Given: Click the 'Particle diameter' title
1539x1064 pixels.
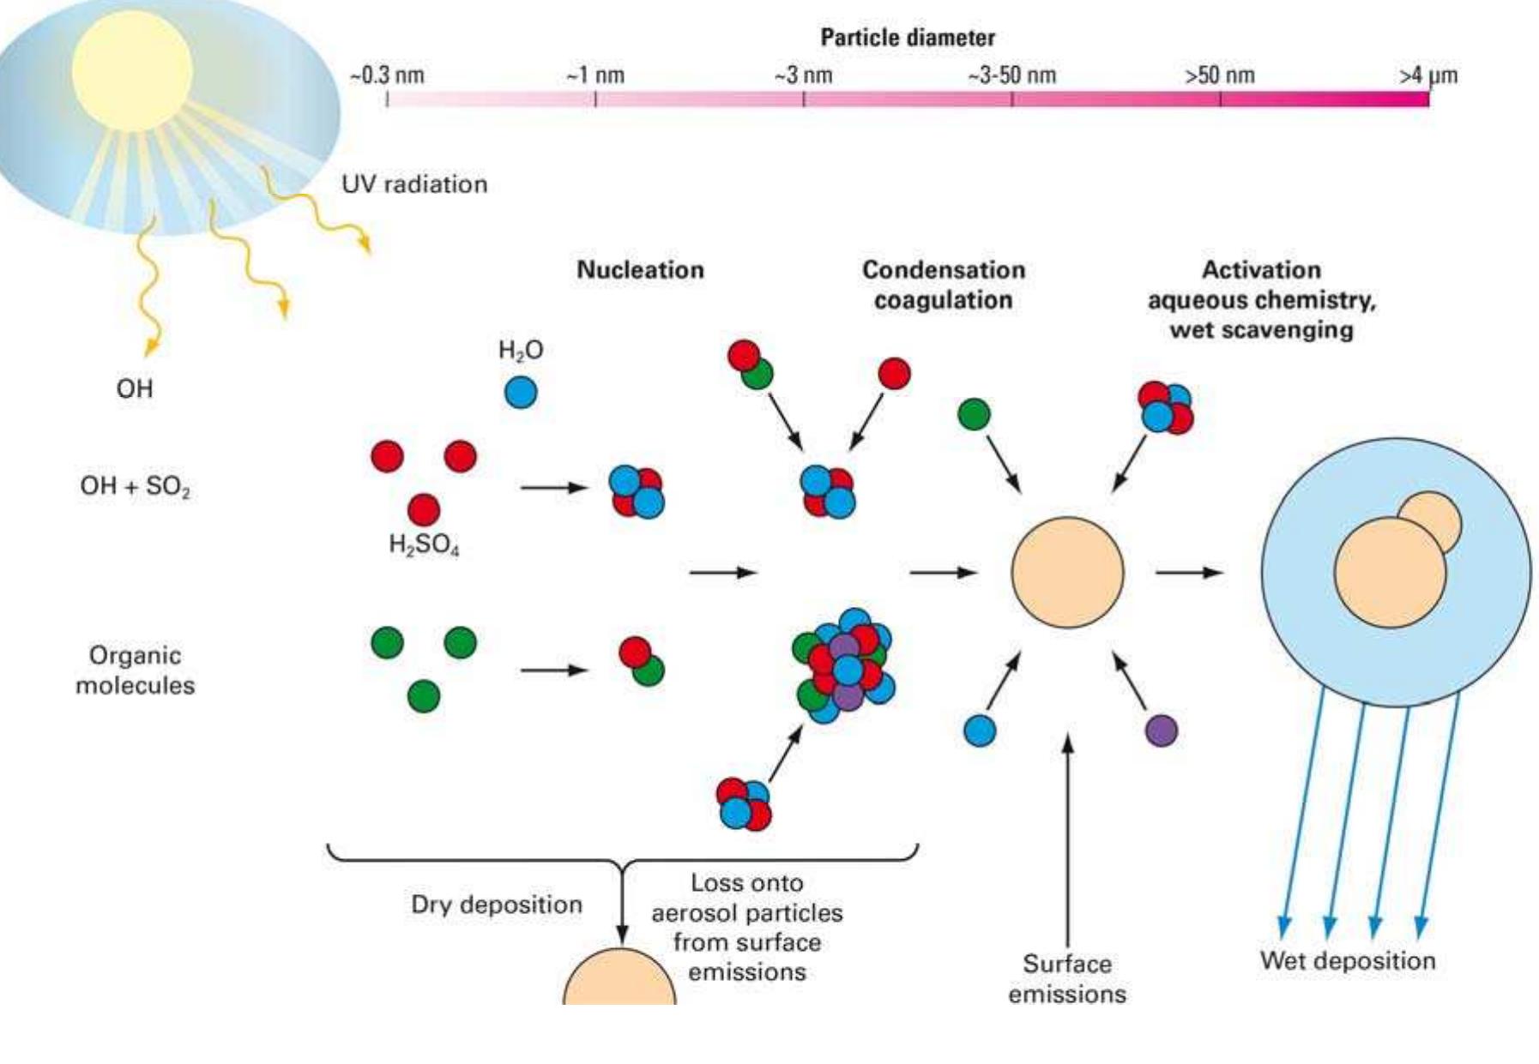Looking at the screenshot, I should coord(907,38).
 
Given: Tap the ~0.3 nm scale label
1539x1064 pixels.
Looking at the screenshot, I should coord(386,75).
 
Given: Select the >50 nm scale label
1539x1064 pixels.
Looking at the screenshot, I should coord(1219,75).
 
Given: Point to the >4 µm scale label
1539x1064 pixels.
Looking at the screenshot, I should coord(1427,75).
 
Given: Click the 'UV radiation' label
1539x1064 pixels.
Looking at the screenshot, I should coord(414,184).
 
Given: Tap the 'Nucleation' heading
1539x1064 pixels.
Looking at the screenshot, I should coord(640,270).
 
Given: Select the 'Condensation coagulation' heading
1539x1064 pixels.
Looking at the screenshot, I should coord(943,285).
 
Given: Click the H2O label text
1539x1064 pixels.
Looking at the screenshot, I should coord(521,350).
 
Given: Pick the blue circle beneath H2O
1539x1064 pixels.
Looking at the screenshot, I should coord(520,393).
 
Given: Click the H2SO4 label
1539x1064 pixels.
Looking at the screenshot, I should coord(424,544).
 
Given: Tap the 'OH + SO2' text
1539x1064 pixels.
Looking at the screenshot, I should coord(135,486).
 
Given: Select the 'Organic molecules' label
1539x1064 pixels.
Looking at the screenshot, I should coord(135,670).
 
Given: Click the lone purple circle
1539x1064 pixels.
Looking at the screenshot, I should coord(1162,730).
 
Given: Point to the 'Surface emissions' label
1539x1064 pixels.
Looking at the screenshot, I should coord(1066,978).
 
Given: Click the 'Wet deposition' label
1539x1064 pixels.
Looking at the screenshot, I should coord(1347,960).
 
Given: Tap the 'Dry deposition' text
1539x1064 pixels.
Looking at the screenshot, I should coord(496,905).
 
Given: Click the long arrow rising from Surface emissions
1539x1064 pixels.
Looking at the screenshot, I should coord(1067,840).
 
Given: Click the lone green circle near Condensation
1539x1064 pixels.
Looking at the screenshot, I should coord(973,414).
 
